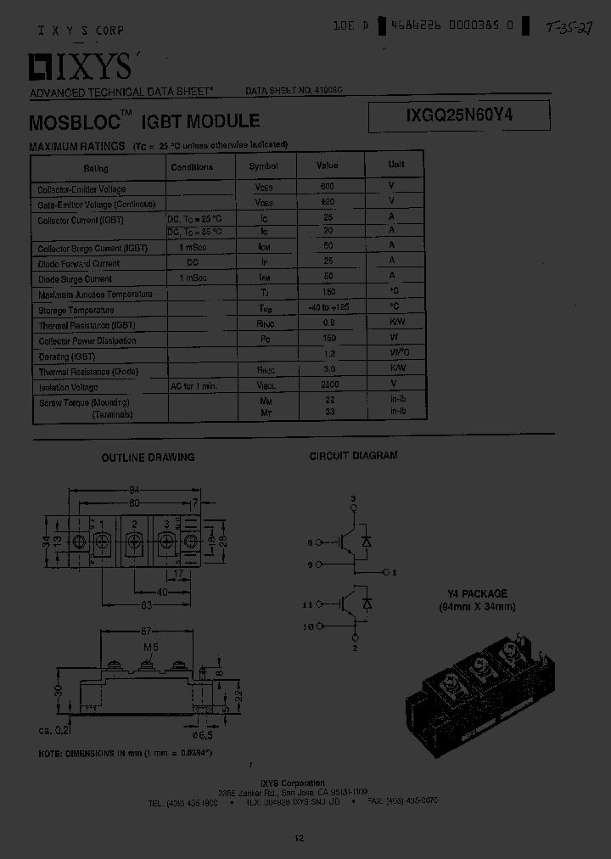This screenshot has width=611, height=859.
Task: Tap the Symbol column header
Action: click(263, 166)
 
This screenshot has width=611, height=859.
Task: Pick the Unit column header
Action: click(395, 165)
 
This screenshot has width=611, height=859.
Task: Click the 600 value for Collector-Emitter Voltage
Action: click(327, 186)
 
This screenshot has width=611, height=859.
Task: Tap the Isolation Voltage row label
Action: click(64, 386)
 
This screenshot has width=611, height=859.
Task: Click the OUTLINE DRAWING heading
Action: click(148, 458)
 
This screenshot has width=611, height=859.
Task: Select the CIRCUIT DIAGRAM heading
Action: click(353, 456)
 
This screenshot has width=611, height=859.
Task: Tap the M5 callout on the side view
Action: click(151, 648)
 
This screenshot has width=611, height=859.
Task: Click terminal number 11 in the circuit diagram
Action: click(308, 604)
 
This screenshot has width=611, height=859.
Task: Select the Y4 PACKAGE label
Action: click(477, 594)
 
